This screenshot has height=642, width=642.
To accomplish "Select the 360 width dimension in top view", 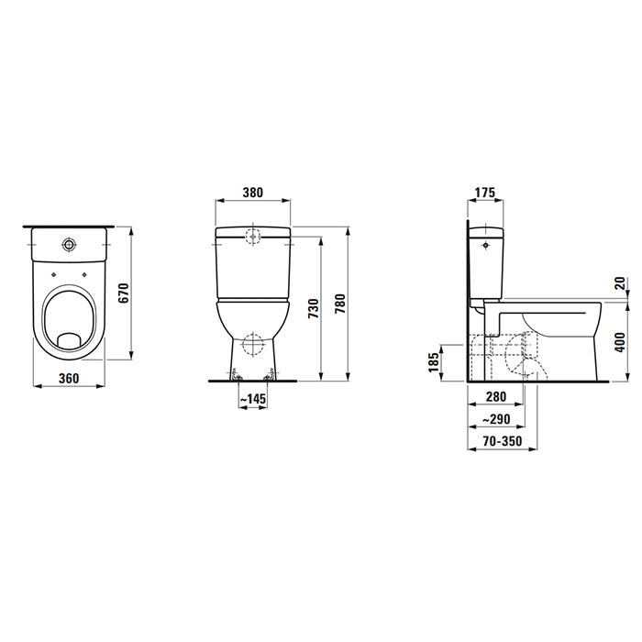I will (x=69, y=379).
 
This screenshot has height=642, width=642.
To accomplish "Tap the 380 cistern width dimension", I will (x=253, y=193).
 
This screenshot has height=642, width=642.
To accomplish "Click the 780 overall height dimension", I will (x=340, y=303).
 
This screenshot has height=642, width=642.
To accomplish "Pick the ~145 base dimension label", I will (x=252, y=399).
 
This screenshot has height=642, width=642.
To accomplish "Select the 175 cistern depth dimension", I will (x=484, y=193).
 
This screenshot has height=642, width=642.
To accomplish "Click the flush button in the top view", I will (x=69, y=245).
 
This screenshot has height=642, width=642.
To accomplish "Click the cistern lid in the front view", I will (x=253, y=232).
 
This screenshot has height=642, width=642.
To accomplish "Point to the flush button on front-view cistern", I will (x=253, y=238).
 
